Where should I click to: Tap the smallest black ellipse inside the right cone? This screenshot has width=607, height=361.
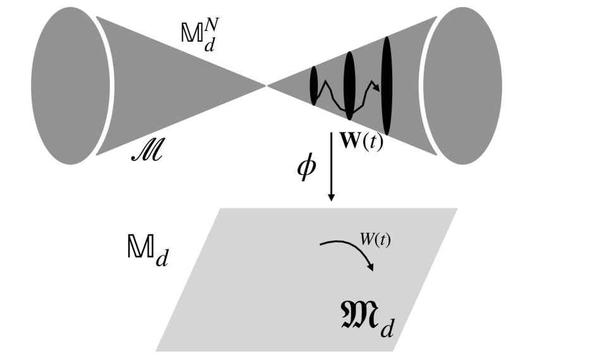313,86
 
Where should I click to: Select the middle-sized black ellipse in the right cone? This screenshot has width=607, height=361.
349,85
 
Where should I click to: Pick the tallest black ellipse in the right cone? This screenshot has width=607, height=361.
387,86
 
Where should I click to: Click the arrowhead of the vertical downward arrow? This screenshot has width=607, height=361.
331,197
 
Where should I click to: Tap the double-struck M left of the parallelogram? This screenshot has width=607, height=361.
141,251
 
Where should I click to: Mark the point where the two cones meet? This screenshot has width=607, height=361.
266,84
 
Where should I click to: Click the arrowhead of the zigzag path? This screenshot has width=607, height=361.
377,89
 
